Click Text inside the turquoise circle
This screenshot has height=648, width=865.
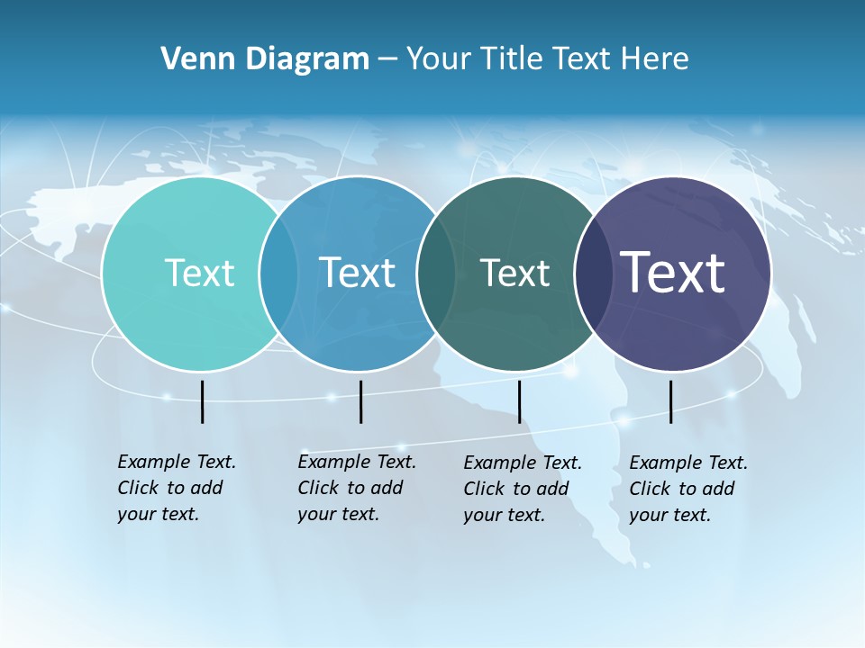click(199, 273)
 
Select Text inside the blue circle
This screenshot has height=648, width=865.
click(357, 273)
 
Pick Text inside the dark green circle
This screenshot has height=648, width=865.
click(514, 273)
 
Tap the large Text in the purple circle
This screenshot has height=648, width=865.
click(673, 273)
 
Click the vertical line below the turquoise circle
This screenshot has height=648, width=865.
click(202, 401)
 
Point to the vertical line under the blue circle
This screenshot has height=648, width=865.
click(360, 401)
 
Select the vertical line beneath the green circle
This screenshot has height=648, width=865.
click(519, 401)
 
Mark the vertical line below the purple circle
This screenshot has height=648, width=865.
click(670, 401)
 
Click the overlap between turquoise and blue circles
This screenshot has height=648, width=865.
click(278, 274)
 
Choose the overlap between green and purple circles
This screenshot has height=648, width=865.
click(591, 274)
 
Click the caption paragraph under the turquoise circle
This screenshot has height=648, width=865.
click(176, 488)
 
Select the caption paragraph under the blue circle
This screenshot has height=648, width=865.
click(356, 488)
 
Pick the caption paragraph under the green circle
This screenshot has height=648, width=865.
click(522, 489)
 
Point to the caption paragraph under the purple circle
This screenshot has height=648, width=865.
click(687, 489)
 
